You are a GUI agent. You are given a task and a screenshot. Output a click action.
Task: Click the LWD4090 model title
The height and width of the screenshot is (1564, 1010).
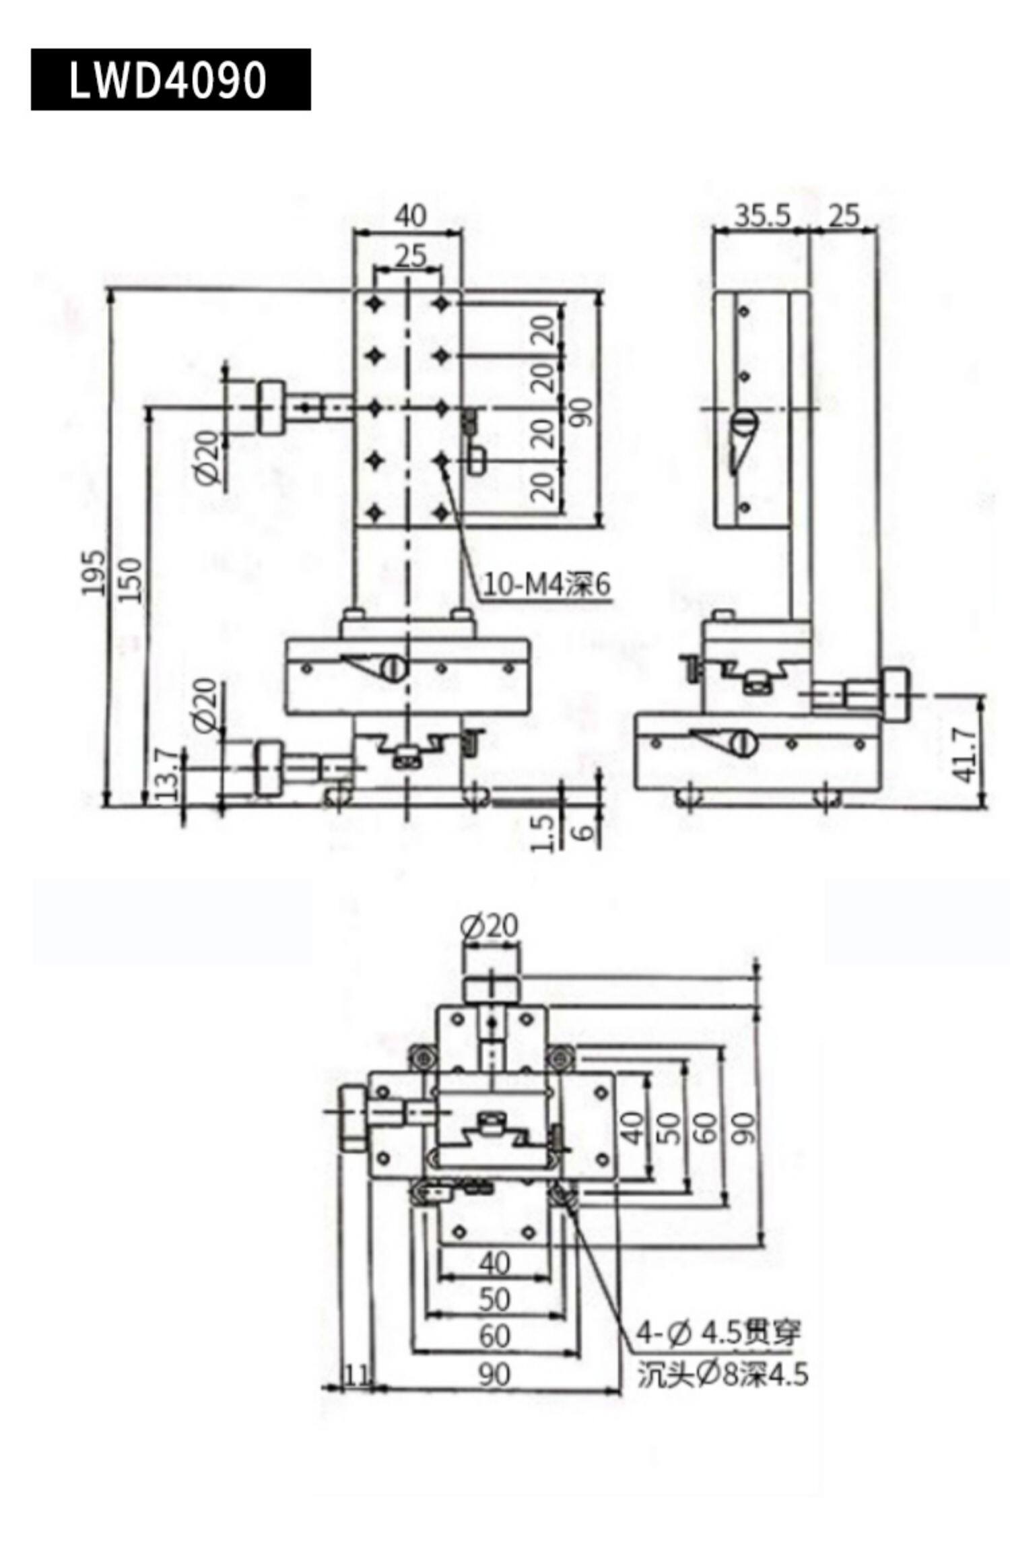[x=168, y=79]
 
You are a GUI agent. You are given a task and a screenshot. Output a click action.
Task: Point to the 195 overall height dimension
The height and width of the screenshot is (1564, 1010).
[x=94, y=573]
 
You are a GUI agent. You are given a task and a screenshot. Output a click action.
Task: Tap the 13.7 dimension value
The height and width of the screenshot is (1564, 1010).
[x=167, y=775]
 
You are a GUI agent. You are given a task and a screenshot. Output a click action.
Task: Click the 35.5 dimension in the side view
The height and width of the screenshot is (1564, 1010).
[x=762, y=216]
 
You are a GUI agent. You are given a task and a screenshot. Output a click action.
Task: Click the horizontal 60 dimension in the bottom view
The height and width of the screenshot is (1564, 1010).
[x=495, y=1336]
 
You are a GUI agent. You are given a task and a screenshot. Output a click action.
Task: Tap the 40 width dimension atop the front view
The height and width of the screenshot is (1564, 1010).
[x=410, y=216]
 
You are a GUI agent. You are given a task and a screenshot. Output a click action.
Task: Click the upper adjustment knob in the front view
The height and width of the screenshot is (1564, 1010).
[x=271, y=408]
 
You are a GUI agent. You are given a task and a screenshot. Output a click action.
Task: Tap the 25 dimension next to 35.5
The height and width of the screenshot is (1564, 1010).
[x=844, y=216]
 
